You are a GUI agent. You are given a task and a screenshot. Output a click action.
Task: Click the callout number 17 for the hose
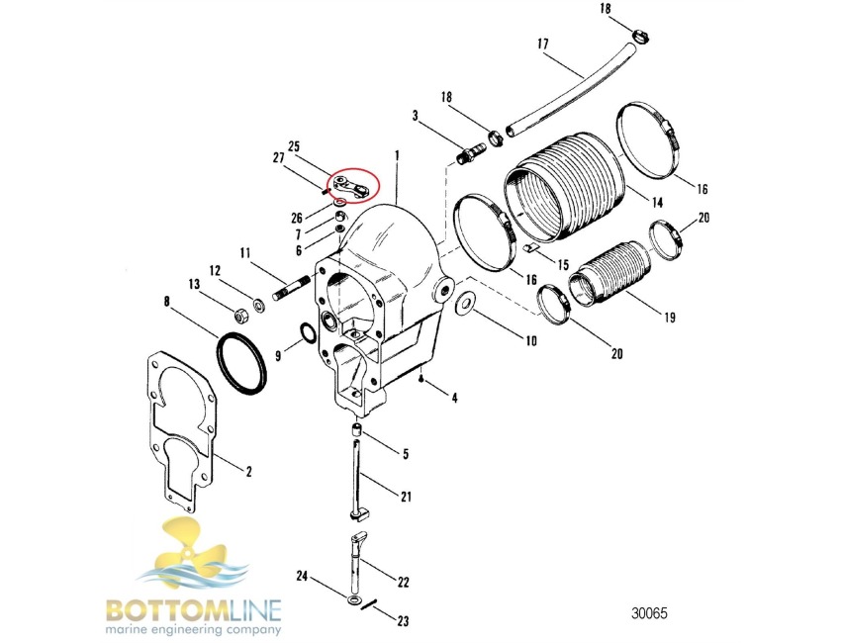pyautogui.click(x=543, y=44)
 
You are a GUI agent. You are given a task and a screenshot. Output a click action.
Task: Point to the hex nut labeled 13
pyautogui.click(x=240, y=315)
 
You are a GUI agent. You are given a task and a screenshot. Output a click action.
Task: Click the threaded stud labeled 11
pyautogui.click(x=291, y=288)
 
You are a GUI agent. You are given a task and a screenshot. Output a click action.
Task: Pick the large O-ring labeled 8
pyautogui.click(x=240, y=363)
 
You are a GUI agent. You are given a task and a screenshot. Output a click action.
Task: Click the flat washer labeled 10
pyautogui.click(x=463, y=303)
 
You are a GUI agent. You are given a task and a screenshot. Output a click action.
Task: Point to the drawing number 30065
pyautogui.click(x=649, y=613)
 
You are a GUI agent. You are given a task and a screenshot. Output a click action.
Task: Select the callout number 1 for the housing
pyautogui.click(x=397, y=155)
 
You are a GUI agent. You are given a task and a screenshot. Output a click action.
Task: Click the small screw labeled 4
pyautogui.click(x=422, y=379)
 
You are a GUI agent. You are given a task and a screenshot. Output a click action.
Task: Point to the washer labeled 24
pyautogui.click(x=354, y=599)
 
